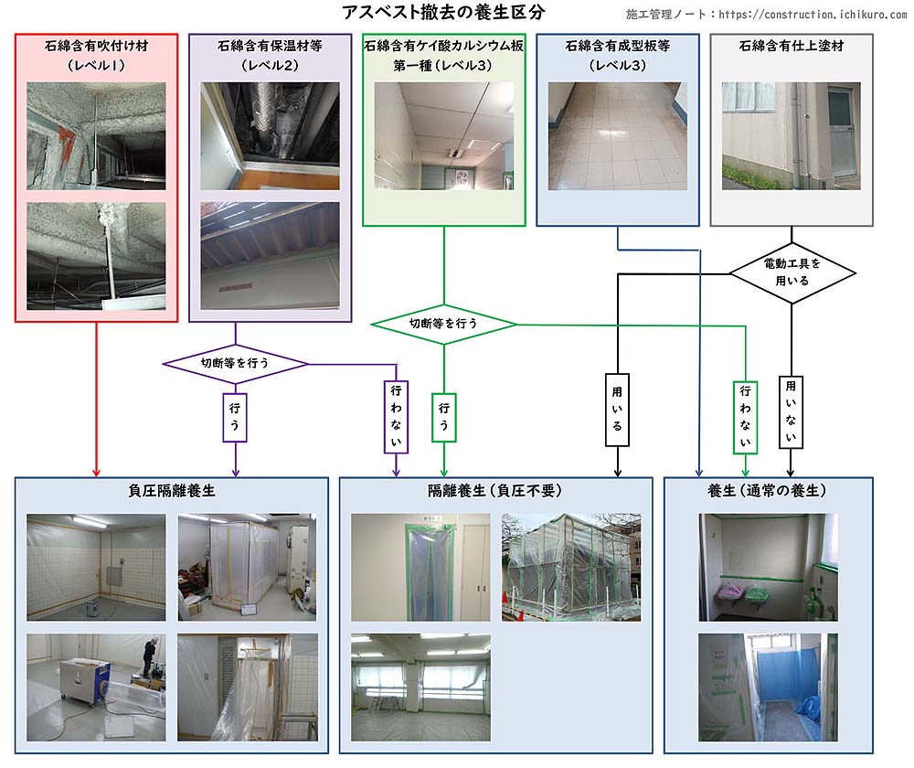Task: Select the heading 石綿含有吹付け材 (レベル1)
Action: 96,55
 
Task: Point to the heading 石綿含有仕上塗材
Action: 791,46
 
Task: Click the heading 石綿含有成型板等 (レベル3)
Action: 617,55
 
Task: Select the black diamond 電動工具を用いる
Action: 792,272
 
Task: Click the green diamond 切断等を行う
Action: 443,324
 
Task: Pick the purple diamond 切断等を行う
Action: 235,363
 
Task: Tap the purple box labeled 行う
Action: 235,416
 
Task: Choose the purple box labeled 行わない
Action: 396,417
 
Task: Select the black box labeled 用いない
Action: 791,411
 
